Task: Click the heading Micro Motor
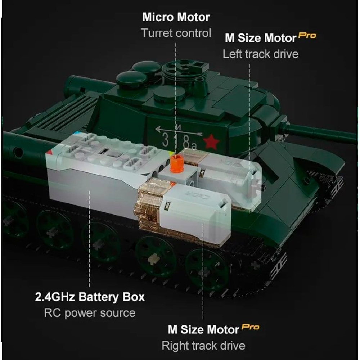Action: tap(176, 17)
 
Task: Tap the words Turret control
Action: tap(176, 33)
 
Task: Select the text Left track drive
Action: tap(261, 54)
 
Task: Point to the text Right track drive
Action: tap(203, 346)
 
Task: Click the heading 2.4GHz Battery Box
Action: tap(90, 297)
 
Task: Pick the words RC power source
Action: tap(90, 313)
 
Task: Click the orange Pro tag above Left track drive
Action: tap(307, 36)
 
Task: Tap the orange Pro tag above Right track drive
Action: tap(250, 327)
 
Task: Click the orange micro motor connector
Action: tap(176, 163)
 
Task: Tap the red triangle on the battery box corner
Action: tap(49, 152)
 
